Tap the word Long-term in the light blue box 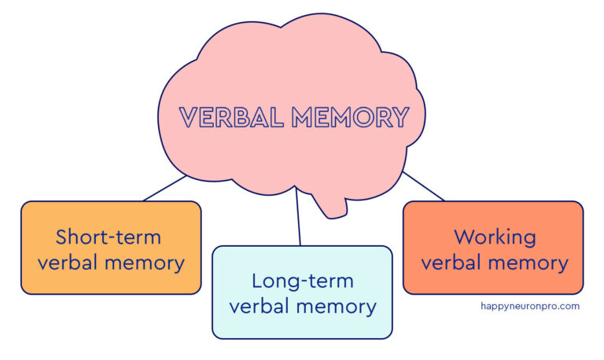pos(302,281)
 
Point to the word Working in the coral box pos(495,237)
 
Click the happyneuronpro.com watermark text pos(529,306)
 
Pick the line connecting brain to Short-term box pos(165,189)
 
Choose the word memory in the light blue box pos(340,307)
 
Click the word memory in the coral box pos(531,263)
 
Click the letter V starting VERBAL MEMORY pos(190,118)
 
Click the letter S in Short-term pos(61,237)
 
